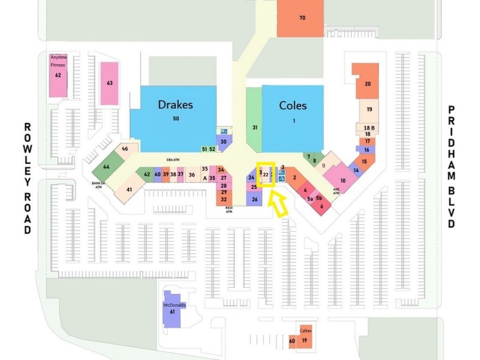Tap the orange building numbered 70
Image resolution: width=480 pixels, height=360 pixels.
pos(302,19)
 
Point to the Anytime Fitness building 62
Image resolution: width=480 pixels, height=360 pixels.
pos(58,75)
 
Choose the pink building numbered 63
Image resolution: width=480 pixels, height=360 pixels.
pos(109,83)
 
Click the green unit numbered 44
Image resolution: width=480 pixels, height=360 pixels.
pos(106,167)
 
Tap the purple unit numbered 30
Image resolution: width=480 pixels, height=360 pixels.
pos(223,141)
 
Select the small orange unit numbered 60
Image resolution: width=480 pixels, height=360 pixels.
pos(292,342)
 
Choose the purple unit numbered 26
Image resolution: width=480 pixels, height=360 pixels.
pos(254,199)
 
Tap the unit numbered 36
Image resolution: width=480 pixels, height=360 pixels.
pos(192,175)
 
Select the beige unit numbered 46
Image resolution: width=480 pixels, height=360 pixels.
pos(125,149)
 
